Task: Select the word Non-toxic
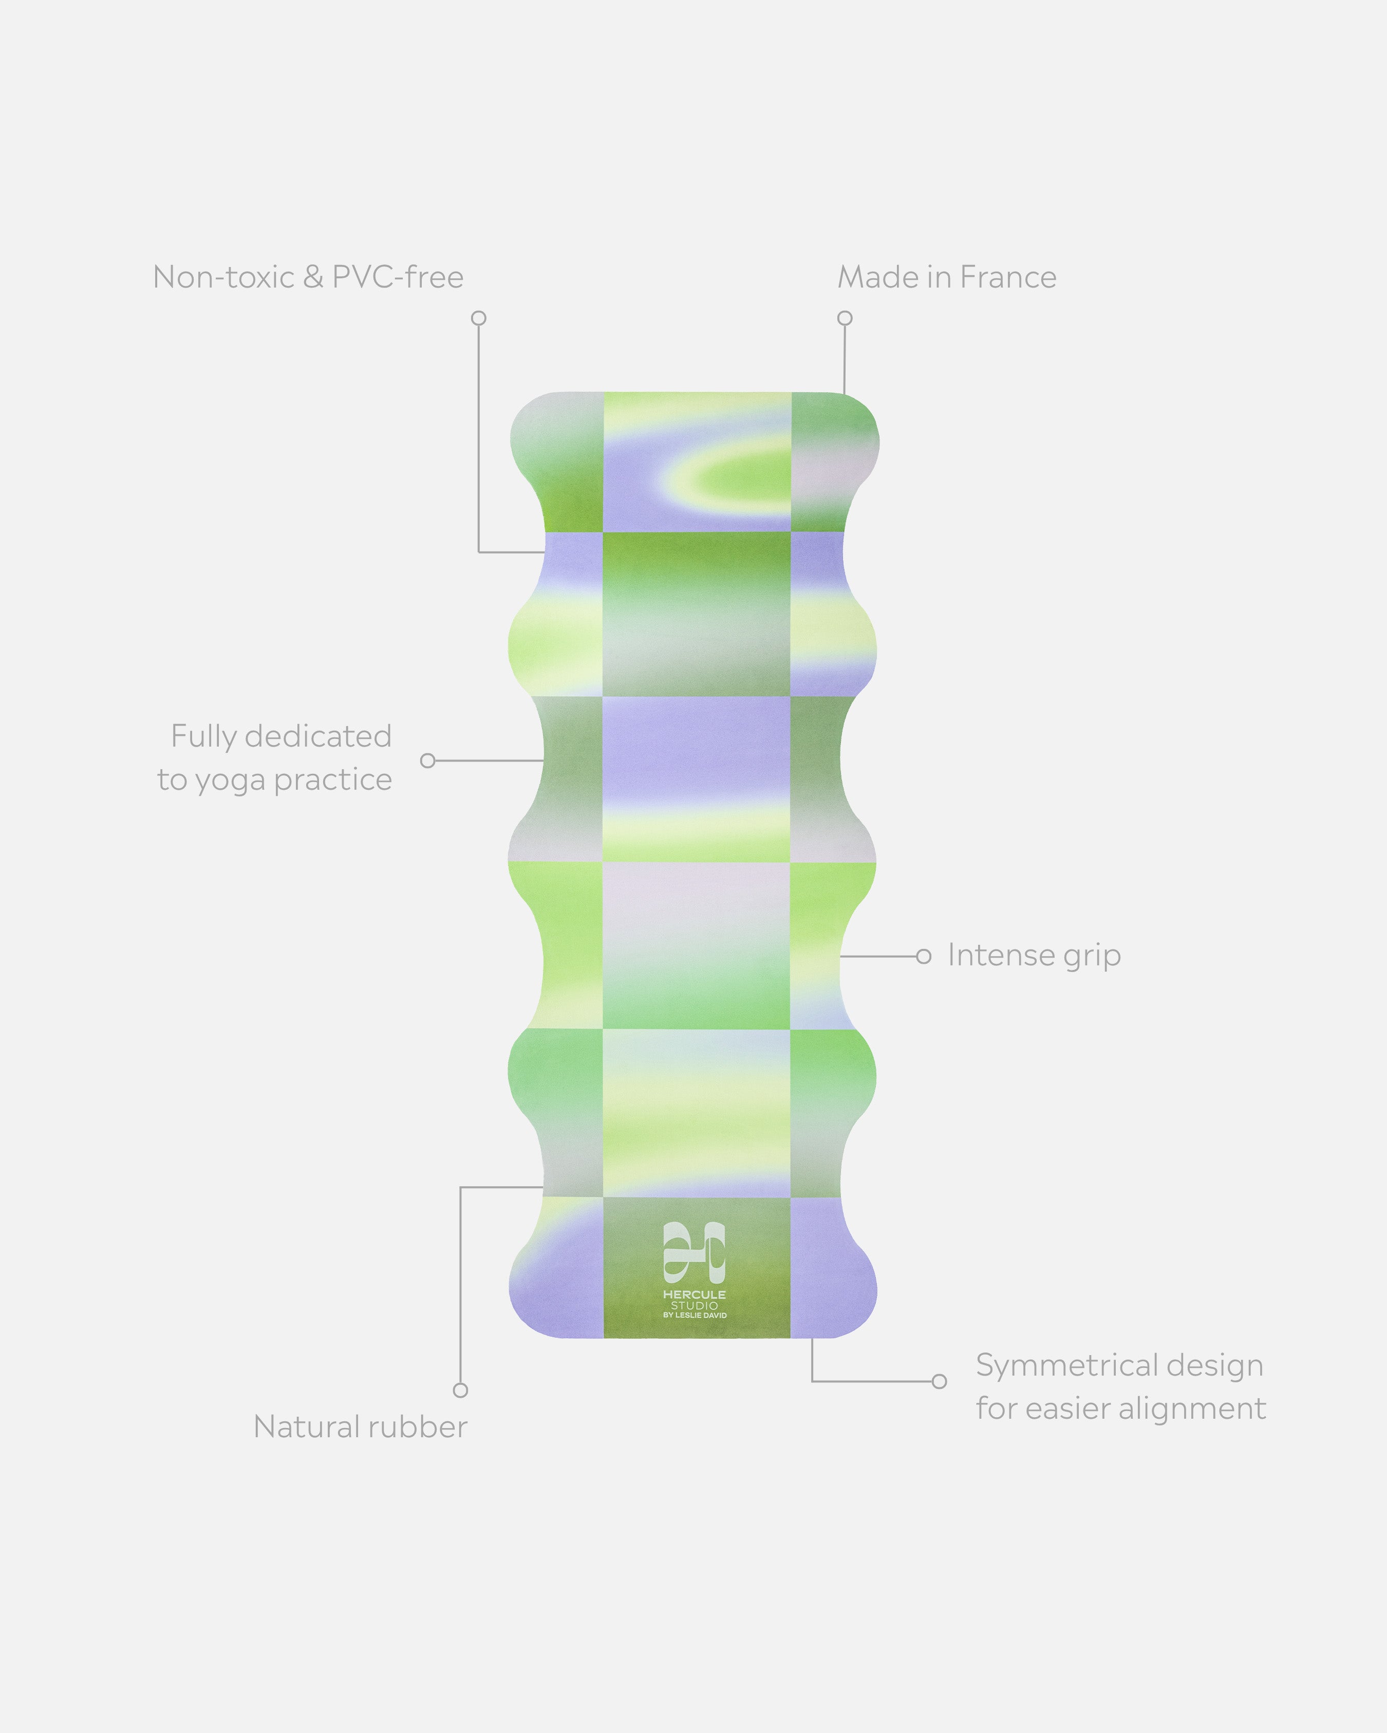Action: pyautogui.click(x=223, y=277)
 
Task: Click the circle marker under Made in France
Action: pyautogui.click(x=844, y=318)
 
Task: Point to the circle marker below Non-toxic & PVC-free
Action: pyautogui.click(x=478, y=318)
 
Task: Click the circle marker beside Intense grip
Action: pyautogui.click(x=924, y=957)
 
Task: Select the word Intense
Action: pyautogui.click(x=1000, y=955)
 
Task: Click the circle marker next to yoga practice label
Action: pyautogui.click(x=428, y=760)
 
